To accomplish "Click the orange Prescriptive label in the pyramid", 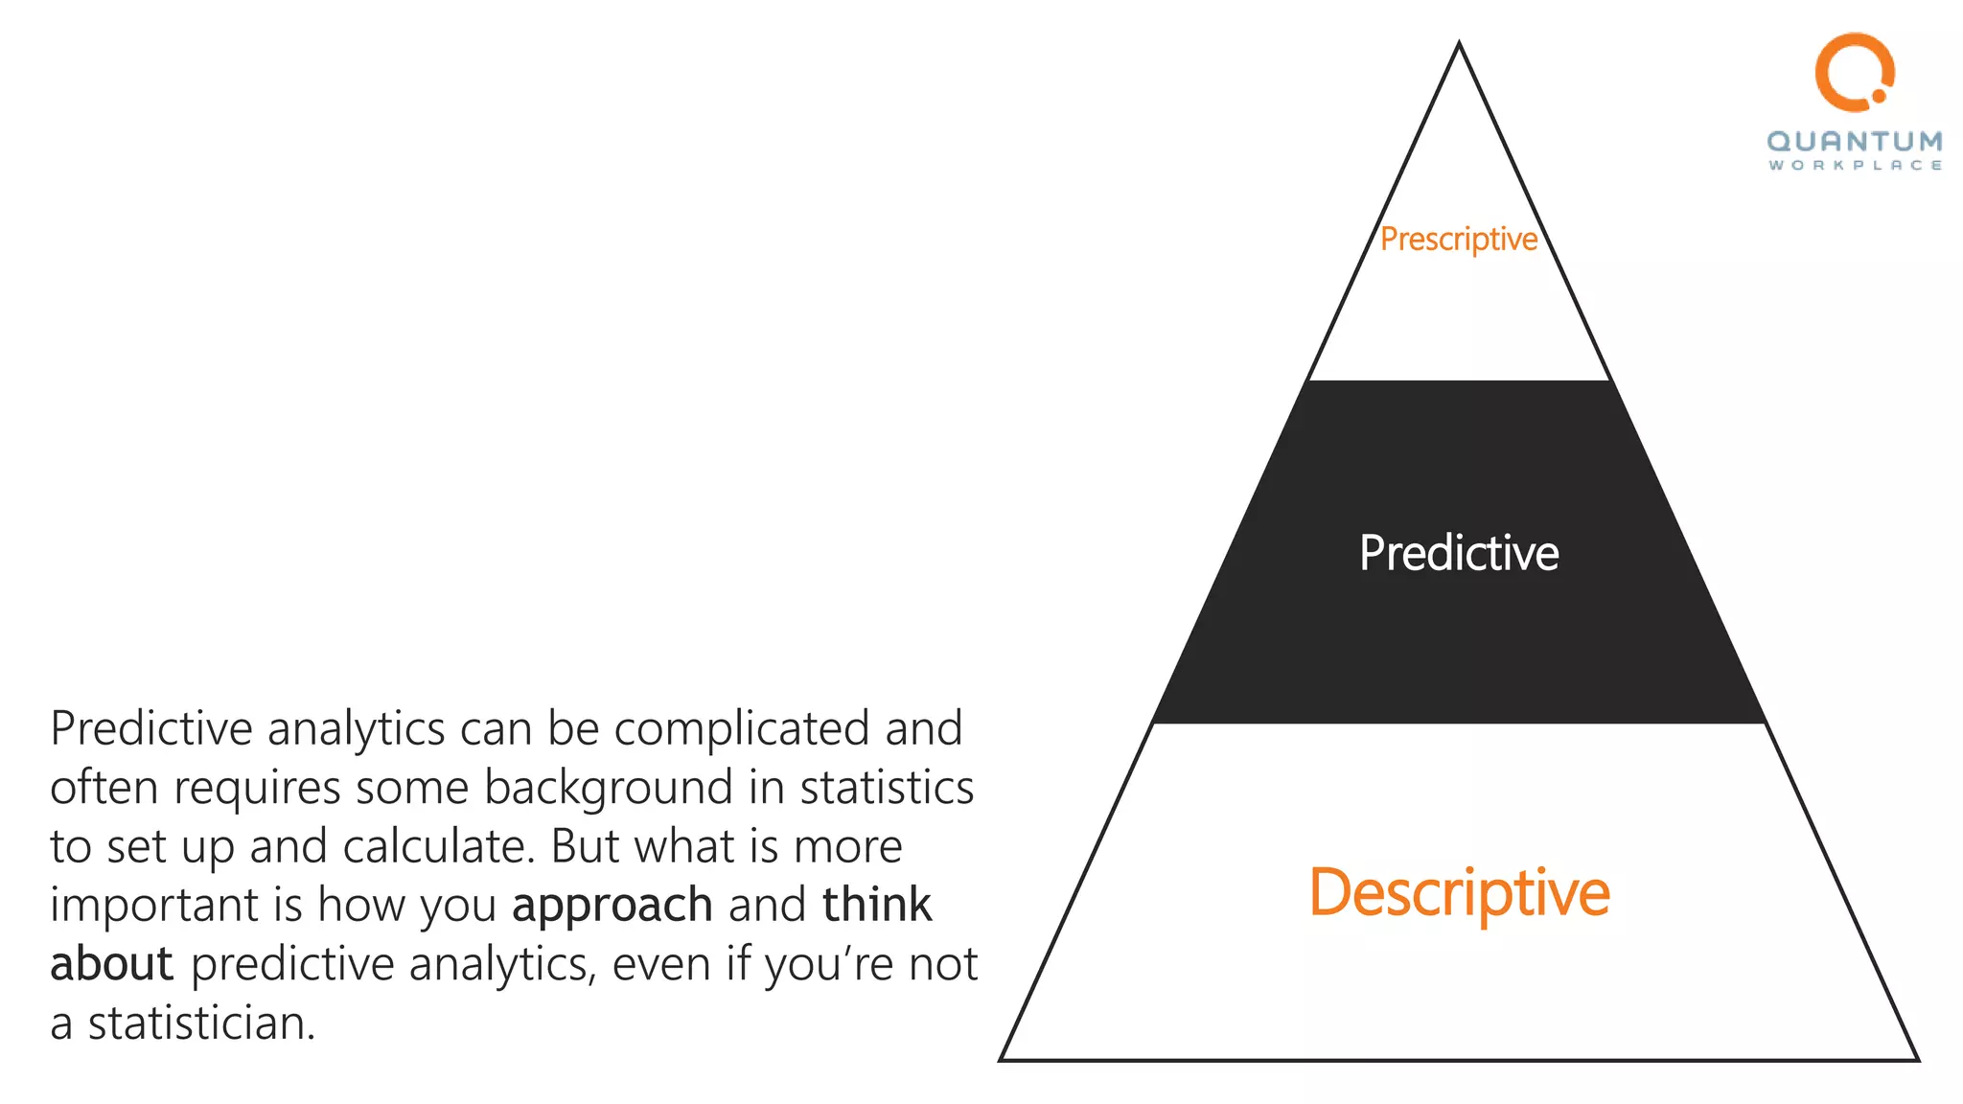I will (1459, 239).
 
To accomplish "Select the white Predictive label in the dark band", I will (1459, 553).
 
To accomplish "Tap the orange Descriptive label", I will (1459, 892).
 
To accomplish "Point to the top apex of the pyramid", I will (1459, 43).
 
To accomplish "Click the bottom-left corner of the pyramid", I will (1002, 1059).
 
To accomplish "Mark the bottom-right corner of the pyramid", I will (1917, 1059).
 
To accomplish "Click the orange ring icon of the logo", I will (1853, 70).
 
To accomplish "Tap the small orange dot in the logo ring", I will (1879, 96).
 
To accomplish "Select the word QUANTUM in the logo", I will (1855, 142).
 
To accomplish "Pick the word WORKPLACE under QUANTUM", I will (1855, 166).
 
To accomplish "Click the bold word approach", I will (612, 906).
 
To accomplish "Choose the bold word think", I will (876, 905).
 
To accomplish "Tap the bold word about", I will (111, 964).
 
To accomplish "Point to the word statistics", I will (887, 788).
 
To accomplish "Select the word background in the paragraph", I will (608, 789).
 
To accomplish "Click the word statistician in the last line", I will (201, 1023).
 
